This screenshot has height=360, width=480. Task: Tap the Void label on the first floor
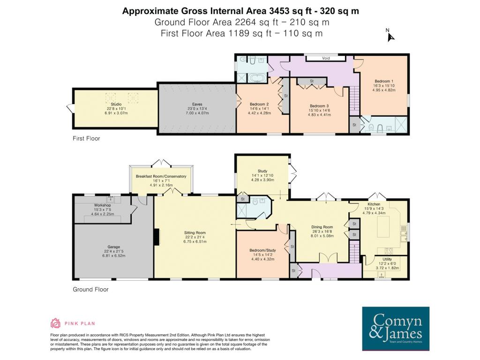click(326, 58)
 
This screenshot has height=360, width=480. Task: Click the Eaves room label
click(197, 105)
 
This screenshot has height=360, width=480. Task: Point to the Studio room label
click(116, 105)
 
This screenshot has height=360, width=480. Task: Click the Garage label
click(113, 247)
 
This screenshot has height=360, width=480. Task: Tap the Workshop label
click(102, 205)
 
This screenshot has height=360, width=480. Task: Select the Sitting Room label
click(195, 232)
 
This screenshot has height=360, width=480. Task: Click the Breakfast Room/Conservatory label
click(161, 176)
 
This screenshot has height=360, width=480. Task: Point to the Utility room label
click(387, 259)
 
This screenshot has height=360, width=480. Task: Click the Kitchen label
click(374, 204)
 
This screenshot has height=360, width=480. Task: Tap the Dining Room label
click(322, 227)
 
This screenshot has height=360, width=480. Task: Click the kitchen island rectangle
click(383, 226)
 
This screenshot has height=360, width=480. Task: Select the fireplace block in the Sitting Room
click(157, 237)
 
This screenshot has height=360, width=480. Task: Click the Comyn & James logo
click(396, 329)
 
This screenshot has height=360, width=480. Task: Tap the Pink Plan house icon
click(55, 323)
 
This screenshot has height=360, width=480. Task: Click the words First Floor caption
click(86, 138)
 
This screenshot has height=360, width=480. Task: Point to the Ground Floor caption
click(90, 289)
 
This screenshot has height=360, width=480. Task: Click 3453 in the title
click(279, 11)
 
